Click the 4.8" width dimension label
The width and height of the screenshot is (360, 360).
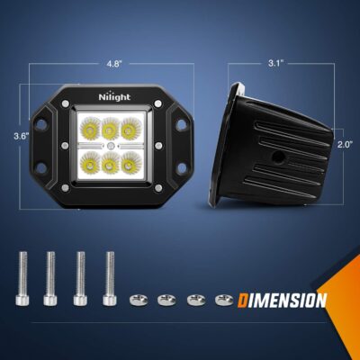[114, 64]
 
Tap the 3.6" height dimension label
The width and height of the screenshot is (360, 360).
[22, 136]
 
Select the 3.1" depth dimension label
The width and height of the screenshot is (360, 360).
[275, 64]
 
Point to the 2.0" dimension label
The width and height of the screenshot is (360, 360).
[345, 144]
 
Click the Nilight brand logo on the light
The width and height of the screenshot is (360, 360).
[114, 96]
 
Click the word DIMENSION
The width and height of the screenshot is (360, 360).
[282, 301]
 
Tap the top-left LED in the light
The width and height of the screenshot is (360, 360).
[90, 129]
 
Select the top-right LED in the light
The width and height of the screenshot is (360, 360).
[130, 129]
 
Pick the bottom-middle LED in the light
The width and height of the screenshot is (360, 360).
[111, 163]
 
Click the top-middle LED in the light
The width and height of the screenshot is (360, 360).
[111, 129]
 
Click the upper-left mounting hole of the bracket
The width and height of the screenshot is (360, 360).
[41, 124]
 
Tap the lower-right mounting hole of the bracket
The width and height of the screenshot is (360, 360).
[182, 168]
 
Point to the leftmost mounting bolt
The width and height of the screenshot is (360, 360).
[22, 279]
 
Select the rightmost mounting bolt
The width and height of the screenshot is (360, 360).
[110, 279]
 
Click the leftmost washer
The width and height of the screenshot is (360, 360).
[138, 300]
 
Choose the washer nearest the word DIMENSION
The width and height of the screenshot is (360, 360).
[224, 300]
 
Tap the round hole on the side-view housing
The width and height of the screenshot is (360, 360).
[279, 156]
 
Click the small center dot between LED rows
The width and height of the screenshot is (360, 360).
[111, 146]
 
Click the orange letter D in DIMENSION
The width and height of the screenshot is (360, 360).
[243, 301]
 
